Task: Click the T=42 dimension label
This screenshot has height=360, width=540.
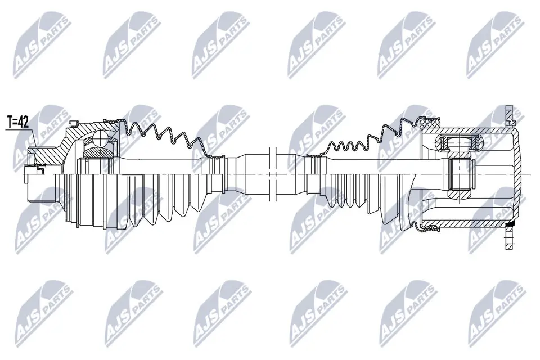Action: [x=18, y=121]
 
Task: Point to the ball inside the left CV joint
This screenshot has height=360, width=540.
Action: [x=100, y=138]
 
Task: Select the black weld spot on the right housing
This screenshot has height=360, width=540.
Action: [x=510, y=225]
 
